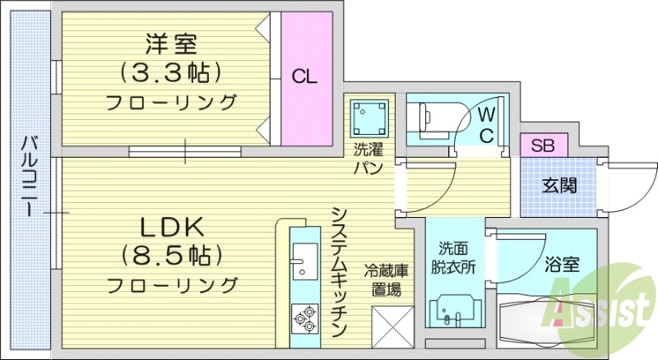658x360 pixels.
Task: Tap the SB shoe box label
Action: click(x=541, y=146)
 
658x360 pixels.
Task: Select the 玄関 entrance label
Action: click(x=558, y=185)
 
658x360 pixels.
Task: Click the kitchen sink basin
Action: click(x=304, y=263)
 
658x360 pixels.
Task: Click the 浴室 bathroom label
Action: click(x=563, y=265)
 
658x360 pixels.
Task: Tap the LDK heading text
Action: click(x=171, y=226)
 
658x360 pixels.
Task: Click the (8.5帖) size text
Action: click(x=171, y=255)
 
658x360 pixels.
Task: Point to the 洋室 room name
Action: click(x=171, y=42)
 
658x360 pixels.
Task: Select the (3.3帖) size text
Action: click(x=171, y=72)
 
